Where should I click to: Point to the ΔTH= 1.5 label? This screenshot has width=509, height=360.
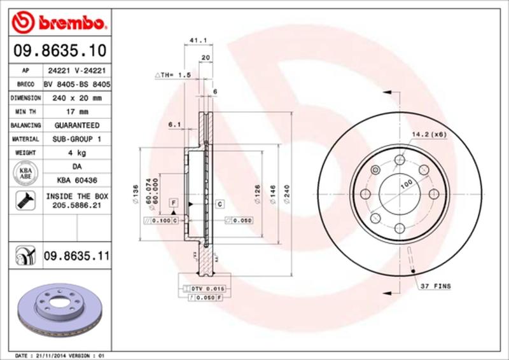coord(173,75)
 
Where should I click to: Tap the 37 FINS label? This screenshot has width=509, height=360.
coord(436,287)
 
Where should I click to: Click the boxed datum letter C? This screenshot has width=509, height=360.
coord(220,204)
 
